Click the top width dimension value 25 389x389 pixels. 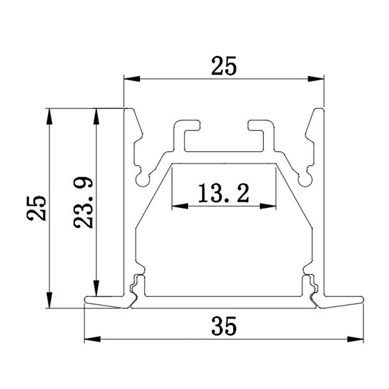click(x=224, y=67)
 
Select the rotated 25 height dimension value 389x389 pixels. click(x=37, y=208)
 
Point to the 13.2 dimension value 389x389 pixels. click(x=224, y=193)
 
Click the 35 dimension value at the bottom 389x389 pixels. click(x=224, y=327)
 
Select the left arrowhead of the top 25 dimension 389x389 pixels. click(x=131, y=79)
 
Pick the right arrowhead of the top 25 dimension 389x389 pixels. click(x=316, y=79)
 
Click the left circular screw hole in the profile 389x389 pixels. click(x=142, y=179)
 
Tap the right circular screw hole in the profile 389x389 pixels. click(x=306, y=179)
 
